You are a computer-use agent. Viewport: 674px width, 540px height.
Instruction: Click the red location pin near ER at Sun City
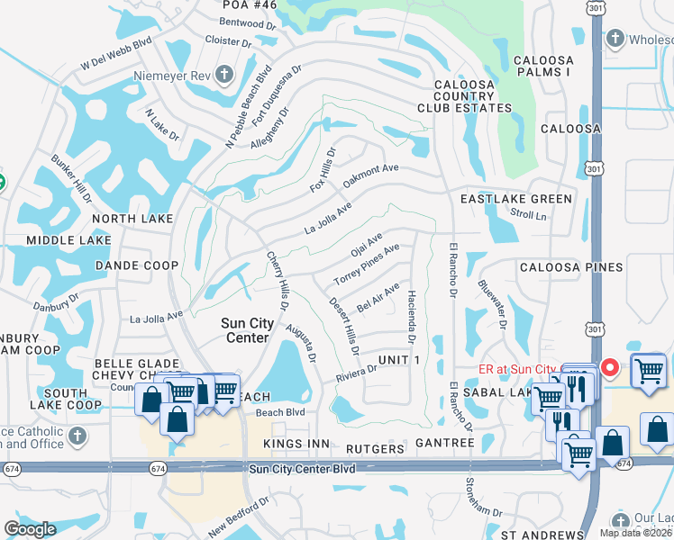click(x=610, y=369)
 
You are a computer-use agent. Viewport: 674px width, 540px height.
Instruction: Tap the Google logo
click(x=30, y=529)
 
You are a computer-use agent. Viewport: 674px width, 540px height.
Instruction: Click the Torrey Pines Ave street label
click(x=367, y=265)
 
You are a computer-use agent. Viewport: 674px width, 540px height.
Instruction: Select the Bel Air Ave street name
click(x=378, y=296)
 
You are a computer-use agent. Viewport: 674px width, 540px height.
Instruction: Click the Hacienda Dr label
click(x=411, y=317)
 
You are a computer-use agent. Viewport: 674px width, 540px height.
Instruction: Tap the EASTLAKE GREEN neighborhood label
click(x=515, y=199)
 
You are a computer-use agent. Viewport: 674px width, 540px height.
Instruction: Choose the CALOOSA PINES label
click(x=570, y=267)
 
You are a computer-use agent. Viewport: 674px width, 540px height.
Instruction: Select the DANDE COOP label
click(x=136, y=265)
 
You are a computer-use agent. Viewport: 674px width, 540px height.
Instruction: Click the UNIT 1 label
click(x=399, y=360)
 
